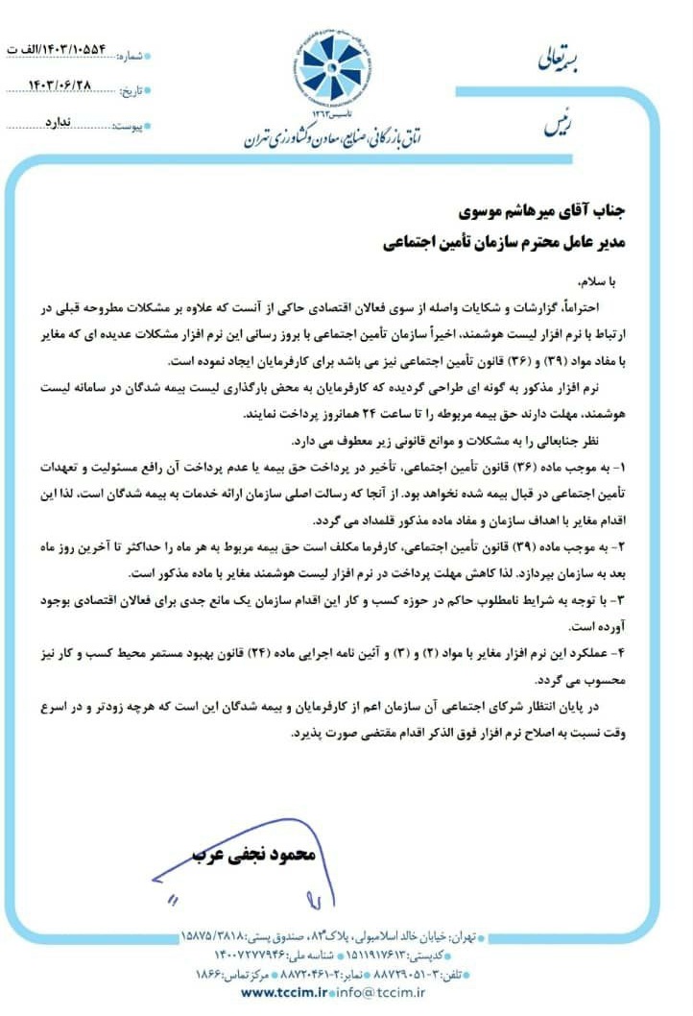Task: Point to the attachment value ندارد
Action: [x=63, y=123]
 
